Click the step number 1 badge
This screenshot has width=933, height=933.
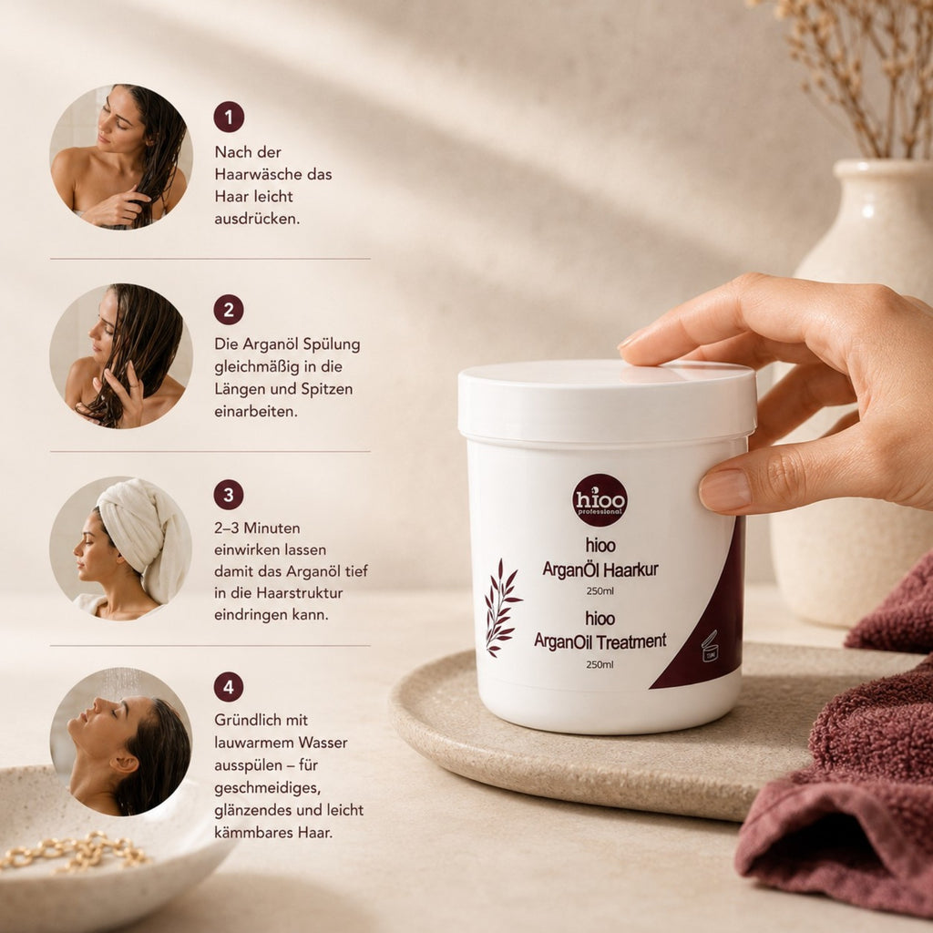pyautogui.click(x=229, y=117)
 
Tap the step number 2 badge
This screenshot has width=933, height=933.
pyautogui.click(x=229, y=310)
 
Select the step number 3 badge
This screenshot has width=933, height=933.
pyautogui.click(x=229, y=495)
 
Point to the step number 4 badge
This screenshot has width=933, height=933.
pyautogui.click(x=229, y=687)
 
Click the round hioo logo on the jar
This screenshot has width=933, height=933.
pyautogui.click(x=600, y=500)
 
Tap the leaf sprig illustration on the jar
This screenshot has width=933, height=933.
pyautogui.click(x=502, y=608)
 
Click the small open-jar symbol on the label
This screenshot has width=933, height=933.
pyautogui.click(x=709, y=647)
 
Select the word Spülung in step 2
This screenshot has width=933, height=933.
pyautogui.click(x=332, y=345)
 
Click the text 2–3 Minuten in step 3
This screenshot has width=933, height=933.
pyautogui.click(x=257, y=528)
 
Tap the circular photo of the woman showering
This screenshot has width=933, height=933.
pyautogui.click(x=121, y=742)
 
